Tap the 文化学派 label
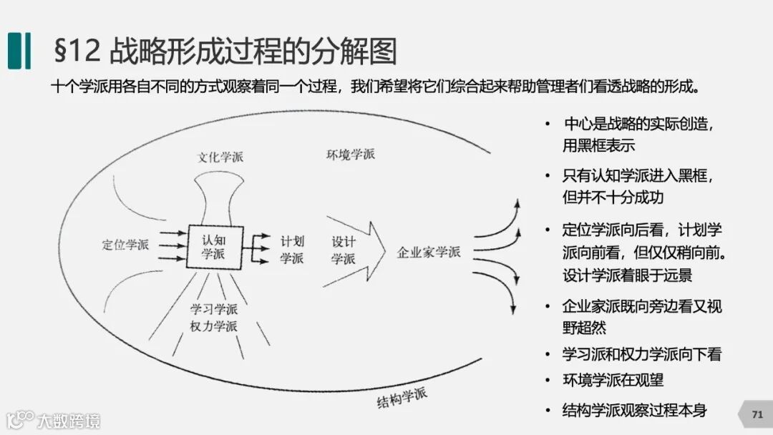[220, 157]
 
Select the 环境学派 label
[350, 154]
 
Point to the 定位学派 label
[125, 245]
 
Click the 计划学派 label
[291, 249]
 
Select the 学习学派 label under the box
[214, 309]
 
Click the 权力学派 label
[214, 326]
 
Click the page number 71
[757, 414]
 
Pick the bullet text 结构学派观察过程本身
[635, 410]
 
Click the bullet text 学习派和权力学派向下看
[642, 354]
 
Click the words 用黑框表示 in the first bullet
[598, 145]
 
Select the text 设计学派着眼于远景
[627, 275]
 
